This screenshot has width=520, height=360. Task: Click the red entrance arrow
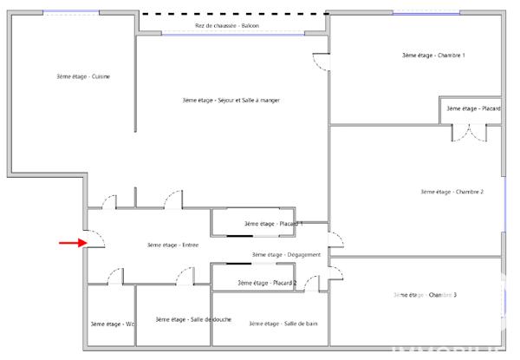(x=68, y=243)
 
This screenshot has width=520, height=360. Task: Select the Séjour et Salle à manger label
(x=231, y=101)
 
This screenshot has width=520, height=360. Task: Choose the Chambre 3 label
(x=425, y=295)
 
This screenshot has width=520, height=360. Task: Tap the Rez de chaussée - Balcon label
(x=227, y=26)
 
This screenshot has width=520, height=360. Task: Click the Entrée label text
(x=172, y=245)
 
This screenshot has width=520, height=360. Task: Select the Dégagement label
(x=287, y=254)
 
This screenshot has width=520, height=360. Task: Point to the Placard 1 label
(x=271, y=224)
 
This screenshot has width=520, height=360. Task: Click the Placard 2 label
(x=267, y=284)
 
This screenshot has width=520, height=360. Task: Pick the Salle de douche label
(x=193, y=319)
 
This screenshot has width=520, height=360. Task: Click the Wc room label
(x=113, y=324)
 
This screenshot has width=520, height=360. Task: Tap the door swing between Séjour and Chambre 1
(x=320, y=62)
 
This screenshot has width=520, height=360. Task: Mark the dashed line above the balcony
(x=234, y=15)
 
